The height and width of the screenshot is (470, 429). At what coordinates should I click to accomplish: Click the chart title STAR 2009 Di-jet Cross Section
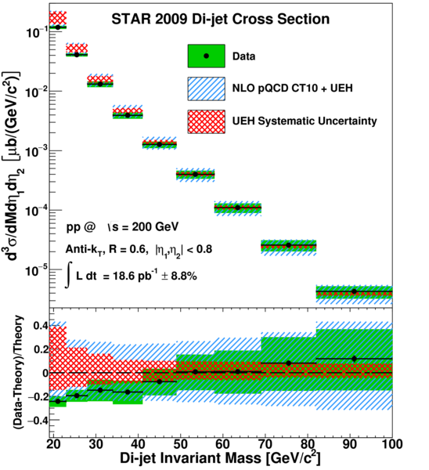221,19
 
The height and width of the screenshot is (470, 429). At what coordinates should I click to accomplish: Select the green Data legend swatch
207,56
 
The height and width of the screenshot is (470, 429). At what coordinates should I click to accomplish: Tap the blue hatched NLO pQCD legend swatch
207,89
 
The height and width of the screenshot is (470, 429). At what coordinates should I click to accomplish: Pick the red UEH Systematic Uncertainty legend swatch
207,121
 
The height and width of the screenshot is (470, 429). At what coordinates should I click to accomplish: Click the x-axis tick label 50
180,444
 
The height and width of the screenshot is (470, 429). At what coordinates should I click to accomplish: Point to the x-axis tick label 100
391,444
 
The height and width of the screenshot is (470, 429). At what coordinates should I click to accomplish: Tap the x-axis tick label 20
53,444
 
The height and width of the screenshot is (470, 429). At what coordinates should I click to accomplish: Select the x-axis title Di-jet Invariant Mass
190,458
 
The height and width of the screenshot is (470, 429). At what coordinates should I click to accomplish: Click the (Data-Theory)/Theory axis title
19,371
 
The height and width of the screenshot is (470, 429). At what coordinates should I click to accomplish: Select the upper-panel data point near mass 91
354,291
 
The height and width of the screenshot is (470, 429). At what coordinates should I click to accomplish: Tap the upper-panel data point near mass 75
289,245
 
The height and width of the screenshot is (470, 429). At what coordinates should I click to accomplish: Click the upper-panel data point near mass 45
160,144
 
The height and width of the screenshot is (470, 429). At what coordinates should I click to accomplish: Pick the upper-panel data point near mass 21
58,27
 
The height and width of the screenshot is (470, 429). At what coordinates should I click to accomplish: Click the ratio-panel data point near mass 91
354,359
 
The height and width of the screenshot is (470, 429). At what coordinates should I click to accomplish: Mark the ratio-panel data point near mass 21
58,401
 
